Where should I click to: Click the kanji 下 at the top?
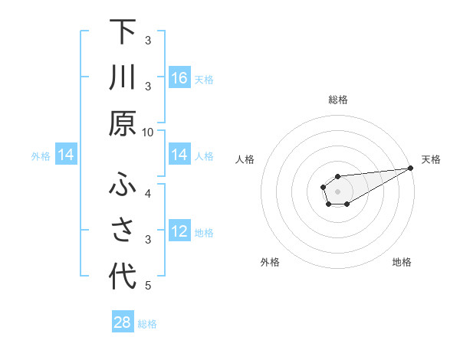[123, 32]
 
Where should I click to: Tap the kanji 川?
[123, 77]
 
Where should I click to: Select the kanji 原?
[123, 123]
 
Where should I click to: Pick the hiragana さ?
[123, 231]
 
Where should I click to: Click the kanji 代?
[123, 277]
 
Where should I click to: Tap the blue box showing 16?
[179, 78]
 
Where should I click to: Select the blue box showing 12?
[179, 232]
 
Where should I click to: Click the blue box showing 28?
[123, 322]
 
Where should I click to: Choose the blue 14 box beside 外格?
[66, 155]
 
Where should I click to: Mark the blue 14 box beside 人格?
[179, 155]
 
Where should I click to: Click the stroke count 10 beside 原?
[148, 132]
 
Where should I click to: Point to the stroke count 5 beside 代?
[148, 286]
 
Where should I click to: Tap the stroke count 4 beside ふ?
[148, 192]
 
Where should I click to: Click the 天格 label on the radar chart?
[431, 159]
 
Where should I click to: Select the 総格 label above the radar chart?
[337, 100]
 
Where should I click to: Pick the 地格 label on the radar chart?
[402, 262]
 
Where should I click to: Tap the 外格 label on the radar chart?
[270, 262]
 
